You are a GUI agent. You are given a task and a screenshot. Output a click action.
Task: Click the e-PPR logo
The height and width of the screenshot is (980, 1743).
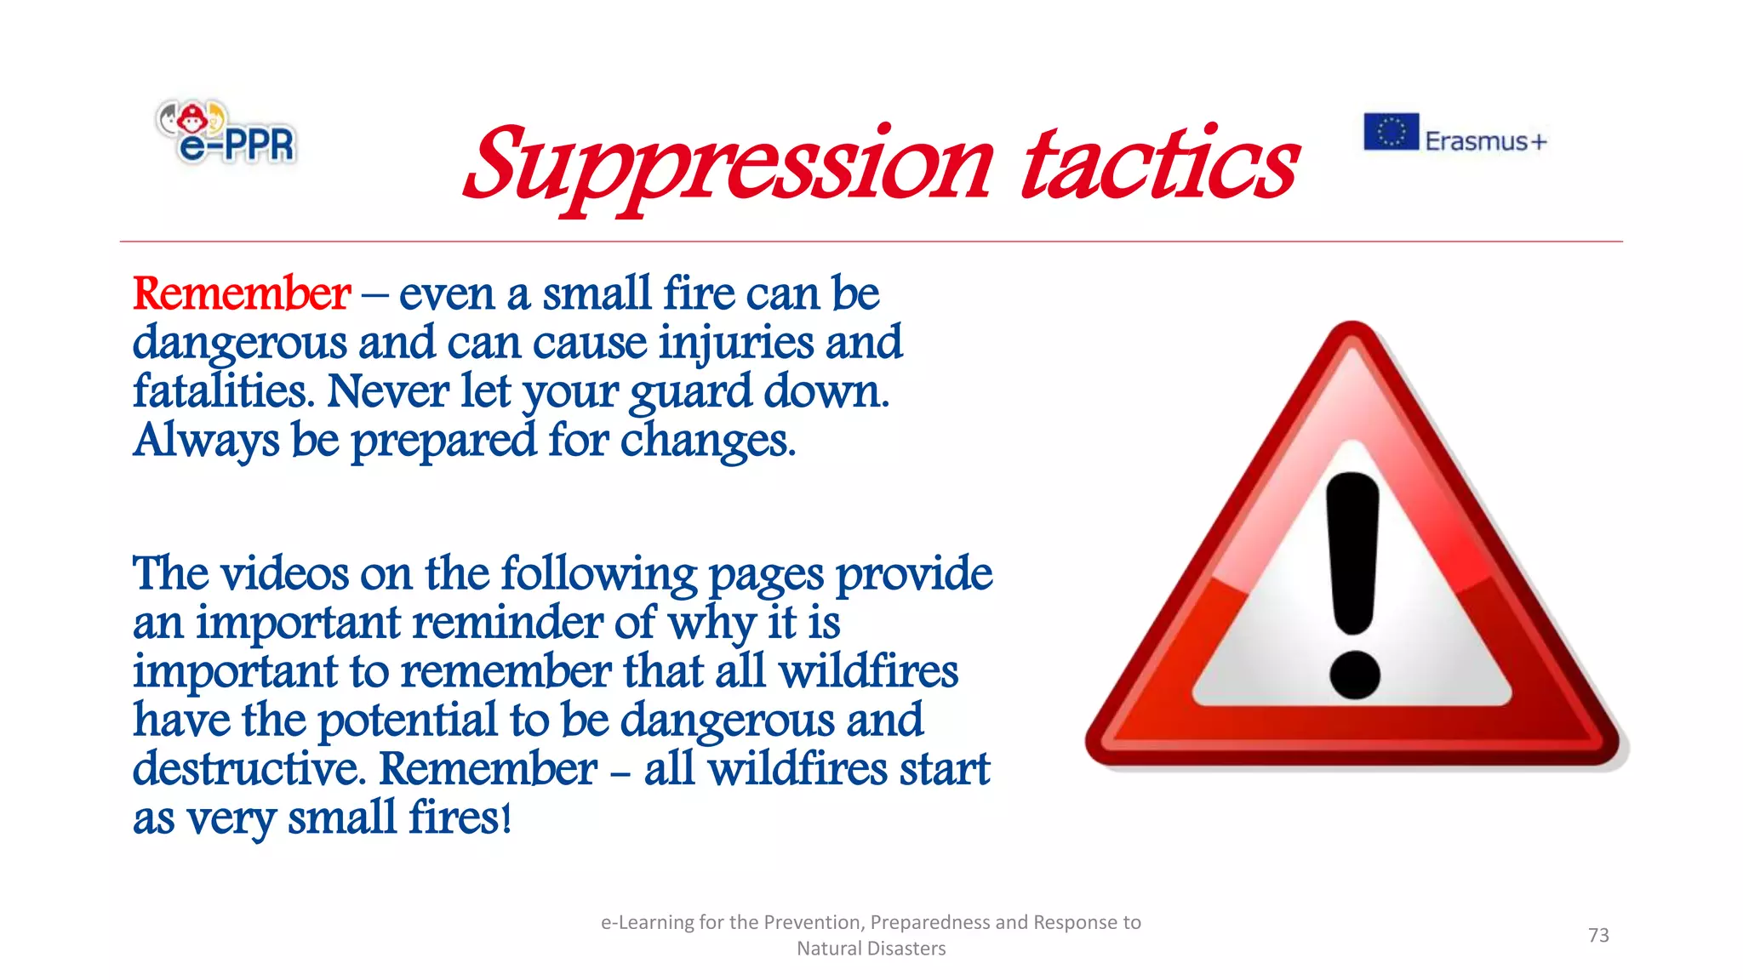(x=226, y=133)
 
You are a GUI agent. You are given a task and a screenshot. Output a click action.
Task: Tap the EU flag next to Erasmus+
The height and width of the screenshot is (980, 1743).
(x=1391, y=132)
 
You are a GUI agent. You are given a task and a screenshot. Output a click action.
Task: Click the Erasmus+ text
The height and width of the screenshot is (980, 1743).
(x=1485, y=141)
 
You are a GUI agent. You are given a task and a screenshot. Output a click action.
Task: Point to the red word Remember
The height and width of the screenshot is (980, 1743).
(x=242, y=294)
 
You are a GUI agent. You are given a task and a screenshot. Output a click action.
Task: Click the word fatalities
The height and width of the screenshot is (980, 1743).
(x=222, y=392)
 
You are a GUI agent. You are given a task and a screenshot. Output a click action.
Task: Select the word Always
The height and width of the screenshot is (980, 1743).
(x=206, y=442)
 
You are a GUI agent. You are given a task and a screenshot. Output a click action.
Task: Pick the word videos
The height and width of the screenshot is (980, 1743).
(x=284, y=574)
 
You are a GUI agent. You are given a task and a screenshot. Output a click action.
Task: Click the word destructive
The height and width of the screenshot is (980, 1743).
(x=249, y=769)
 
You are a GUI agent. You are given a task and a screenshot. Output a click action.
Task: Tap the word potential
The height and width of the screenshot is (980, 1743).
(x=407, y=721)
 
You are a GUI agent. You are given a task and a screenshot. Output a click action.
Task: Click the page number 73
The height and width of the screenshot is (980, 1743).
(x=1598, y=935)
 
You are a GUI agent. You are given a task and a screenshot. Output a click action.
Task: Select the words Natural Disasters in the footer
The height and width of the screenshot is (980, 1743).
(x=871, y=949)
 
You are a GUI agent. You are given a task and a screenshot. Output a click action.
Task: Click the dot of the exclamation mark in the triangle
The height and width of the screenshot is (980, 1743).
(x=1354, y=675)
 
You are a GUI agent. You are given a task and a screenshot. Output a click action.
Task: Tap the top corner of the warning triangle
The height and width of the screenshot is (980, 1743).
(x=1352, y=336)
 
